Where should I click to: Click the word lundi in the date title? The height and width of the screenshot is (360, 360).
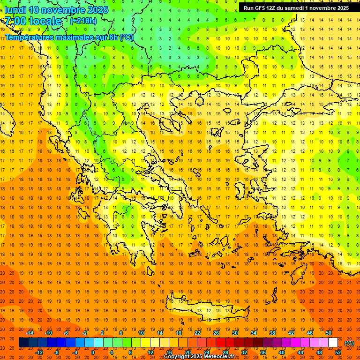point(15,10)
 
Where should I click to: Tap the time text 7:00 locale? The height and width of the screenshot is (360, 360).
point(33,21)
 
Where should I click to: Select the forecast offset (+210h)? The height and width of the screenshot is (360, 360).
point(83,21)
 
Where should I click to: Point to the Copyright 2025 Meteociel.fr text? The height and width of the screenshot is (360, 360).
point(199,357)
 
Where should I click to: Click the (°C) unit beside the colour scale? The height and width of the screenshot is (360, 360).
point(349,344)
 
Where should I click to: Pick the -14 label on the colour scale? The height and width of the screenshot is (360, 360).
point(31,333)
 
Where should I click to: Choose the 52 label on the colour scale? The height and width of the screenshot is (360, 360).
point(338,352)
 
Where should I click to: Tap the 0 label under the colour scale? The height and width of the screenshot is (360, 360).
point(93,352)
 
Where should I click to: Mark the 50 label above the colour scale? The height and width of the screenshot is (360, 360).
point(329,333)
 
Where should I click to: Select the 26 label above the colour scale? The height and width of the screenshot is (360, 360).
point(216,333)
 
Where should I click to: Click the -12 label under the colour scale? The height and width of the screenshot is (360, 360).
point(40,352)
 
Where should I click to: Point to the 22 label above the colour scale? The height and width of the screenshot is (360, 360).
point(197,333)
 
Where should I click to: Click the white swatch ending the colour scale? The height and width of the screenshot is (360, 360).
point(333,343)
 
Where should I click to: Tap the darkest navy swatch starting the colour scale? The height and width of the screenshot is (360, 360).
point(23,343)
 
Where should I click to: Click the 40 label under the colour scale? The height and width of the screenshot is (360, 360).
point(282,352)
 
